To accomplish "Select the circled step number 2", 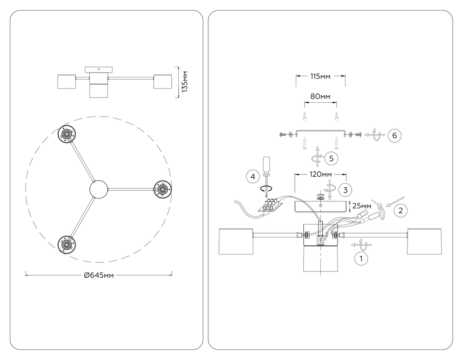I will [401, 210].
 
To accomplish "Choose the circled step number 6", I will [394, 135].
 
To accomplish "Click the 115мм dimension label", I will [320, 76].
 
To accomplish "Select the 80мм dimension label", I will [320, 96].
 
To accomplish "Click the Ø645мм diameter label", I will [99, 275].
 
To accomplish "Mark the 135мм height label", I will [185, 82].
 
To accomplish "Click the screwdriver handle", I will [266, 165].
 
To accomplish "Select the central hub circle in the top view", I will [98, 189].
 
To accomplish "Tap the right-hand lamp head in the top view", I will [162, 189].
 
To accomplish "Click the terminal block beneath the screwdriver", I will [270, 205].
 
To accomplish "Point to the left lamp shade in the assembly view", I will [235, 241].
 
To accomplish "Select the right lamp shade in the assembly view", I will [425, 241].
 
